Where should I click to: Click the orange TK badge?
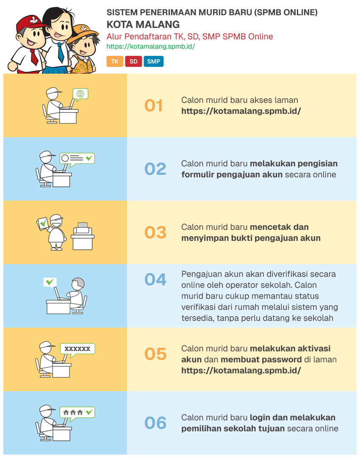pyautogui.click(x=114, y=61)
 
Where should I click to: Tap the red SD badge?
pyautogui.click(x=133, y=61)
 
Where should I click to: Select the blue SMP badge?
pyautogui.click(x=153, y=61)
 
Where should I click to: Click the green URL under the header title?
pyautogui.click(x=150, y=47)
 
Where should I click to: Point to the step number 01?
pyautogui.click(x=154, y=106)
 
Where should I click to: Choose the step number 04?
pyautogui.click(x=155, y=280)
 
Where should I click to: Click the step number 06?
pyautogui.click(x=155, y=423)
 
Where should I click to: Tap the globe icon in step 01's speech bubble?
pyautogui.click(x=80, y=93)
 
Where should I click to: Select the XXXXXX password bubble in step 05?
pyautogui.click(x=77, y=349)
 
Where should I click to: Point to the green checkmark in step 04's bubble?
pyautogui.click(x=50, y=281)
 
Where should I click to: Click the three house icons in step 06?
pyautogui.click(x=73, y=412)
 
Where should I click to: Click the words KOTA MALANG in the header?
pyautogui.click(x=143, y=25)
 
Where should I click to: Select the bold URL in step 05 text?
pyautogui.click(x=241, y=371)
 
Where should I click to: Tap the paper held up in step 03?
pyautogui.click(x=43, y=223)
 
